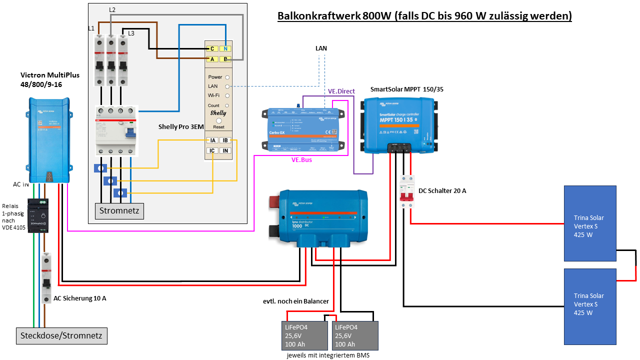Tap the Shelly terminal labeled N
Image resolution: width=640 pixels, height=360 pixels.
click(x=225, y=48)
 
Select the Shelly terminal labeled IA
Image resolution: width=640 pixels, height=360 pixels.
click(x=212, y=140)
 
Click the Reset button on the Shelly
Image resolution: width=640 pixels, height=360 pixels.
click(x=218, y=121)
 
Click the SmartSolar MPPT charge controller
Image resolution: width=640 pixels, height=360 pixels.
click(x=399, y=124)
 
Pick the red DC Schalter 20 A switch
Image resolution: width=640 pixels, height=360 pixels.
click(x=407, y=191)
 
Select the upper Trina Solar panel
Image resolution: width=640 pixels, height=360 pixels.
click(x=590, y=223)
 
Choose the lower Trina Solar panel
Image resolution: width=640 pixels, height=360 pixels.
click(x=590, y=306)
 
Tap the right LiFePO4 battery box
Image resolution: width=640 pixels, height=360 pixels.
click(x=355, y=335)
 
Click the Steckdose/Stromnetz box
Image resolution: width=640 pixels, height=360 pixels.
click(x=62, y=335)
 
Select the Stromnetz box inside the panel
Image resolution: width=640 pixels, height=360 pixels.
click(x=119, y=210)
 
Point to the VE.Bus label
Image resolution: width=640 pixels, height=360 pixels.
click(x=302, y=160)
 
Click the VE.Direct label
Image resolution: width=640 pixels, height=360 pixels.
click(x=341, y=91)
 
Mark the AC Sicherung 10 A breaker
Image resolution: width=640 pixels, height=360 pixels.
click(x=46, y=278)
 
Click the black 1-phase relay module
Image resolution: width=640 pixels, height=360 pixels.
click(x=37, y=215)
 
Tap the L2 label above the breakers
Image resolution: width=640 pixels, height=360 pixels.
click(x=112, y=10)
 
